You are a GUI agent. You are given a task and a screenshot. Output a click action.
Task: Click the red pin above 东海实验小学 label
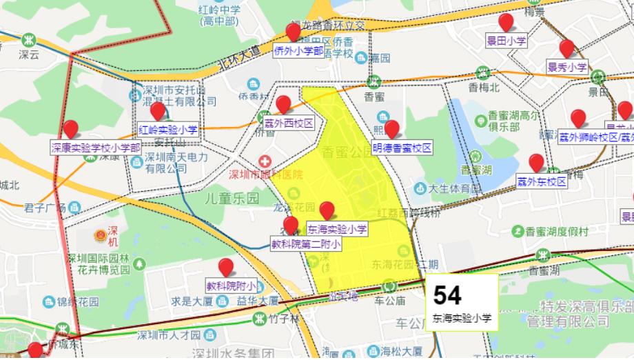pos(327,210)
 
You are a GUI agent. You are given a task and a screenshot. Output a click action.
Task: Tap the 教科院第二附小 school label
pos(305,243)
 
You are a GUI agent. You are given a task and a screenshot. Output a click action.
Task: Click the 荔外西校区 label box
pos(289,123)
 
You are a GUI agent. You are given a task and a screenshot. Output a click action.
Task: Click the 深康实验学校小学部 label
pos(96,147)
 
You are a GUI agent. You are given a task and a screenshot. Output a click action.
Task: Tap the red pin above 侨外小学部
pos(294,32)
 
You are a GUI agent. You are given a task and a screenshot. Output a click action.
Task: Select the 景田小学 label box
pos(507,41)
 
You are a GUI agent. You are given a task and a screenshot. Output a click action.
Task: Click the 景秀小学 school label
pos(567,67)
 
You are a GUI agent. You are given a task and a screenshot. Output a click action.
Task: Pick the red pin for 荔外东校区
pos(536,163)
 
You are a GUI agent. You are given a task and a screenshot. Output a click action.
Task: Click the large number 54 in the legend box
pos(447,295)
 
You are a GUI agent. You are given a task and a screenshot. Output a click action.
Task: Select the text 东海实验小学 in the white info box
pos(462,319)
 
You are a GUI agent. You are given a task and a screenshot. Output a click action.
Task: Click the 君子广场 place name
pos(42,208)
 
